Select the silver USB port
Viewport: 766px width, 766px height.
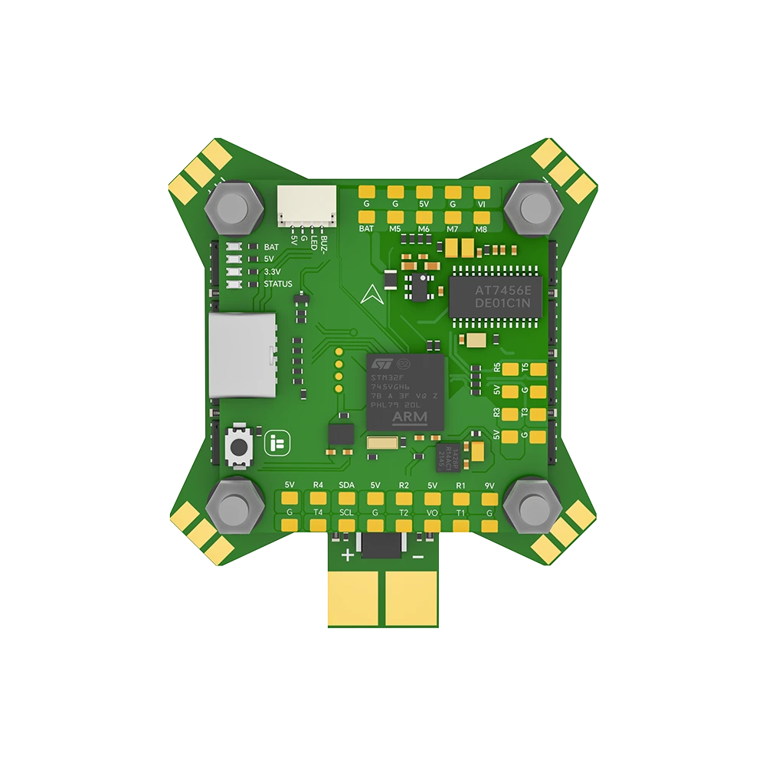[241, 355]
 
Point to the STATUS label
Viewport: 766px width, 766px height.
[277, 284]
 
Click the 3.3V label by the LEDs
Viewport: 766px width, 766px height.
[272, 272]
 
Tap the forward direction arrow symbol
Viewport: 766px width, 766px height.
[371, 294]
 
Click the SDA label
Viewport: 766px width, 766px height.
[346, 486]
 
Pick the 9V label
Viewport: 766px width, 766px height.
[489, 486]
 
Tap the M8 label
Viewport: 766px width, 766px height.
[481, 228]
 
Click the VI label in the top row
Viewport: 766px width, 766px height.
[481, 205]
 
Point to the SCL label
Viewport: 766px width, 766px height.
[346, 512]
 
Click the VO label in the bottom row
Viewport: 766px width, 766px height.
[432, 512]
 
